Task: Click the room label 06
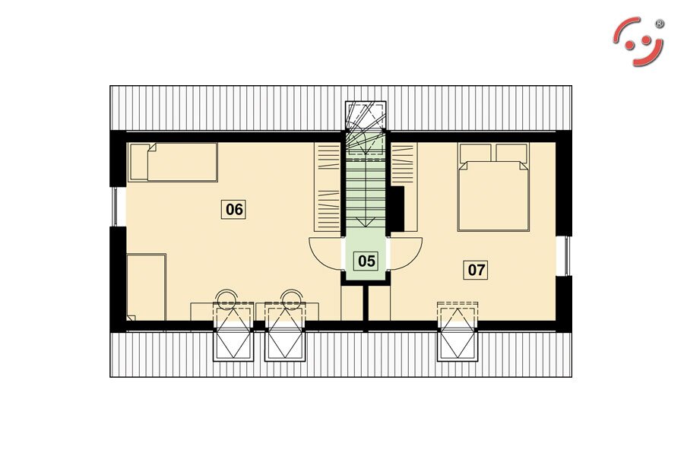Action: click(234, 210)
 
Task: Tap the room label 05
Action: click(366, 261)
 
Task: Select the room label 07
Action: click(476, 270)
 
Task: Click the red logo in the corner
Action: click(638, 42)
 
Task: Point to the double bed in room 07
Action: click(493, 187)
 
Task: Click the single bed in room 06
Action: click(173, 162)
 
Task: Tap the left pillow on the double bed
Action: click(476, 154)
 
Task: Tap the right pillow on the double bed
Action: click(511, 154)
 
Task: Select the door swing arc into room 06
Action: click(317, 258)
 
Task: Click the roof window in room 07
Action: click(458, 331)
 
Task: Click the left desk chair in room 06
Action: click(227, 299)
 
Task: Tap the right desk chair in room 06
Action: click(290, 299)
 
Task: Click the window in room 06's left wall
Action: click(115, 207)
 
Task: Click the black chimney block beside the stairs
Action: click(397, 208)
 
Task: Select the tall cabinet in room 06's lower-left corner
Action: click(146, 287)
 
